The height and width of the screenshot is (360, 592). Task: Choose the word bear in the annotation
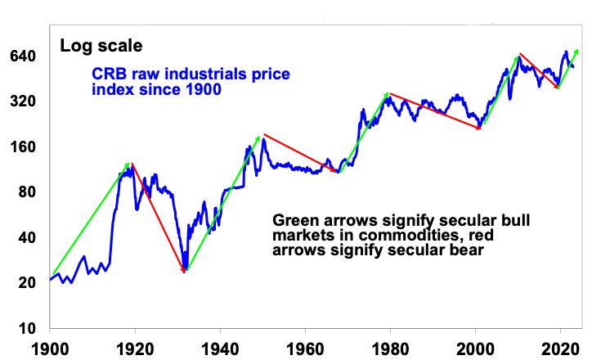coord(467,251)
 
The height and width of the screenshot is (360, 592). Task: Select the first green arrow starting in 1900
coord(90,219)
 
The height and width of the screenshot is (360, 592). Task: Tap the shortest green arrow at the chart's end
coord(567,70)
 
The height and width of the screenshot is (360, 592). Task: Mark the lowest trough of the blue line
coord(185,269)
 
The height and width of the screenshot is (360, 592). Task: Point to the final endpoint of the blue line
coord(573,66)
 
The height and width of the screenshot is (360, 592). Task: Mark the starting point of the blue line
coord(51,281)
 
